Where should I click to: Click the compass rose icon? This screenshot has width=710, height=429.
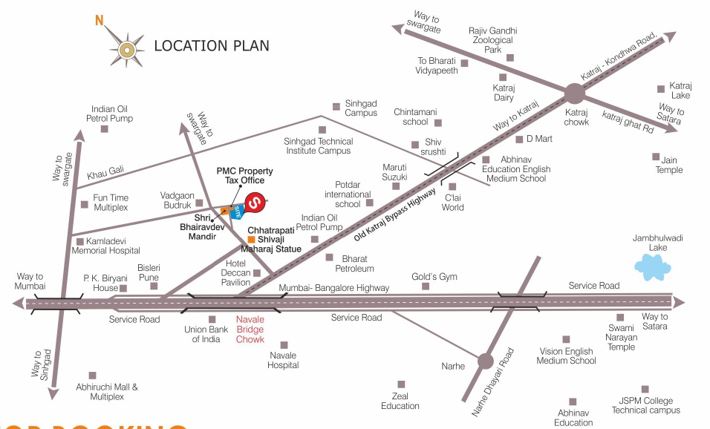(126, 49)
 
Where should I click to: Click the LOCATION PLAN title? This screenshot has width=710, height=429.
(212, 46)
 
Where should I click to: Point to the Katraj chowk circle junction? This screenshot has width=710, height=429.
(575, 94)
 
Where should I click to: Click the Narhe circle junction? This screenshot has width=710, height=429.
(485, 361)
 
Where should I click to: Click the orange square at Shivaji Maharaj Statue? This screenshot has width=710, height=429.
(252, 240)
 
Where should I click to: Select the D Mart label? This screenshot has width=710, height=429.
(539, 138)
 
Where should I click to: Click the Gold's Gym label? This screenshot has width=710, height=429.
(434, 277)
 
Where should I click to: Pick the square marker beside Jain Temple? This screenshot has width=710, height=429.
(655, 157)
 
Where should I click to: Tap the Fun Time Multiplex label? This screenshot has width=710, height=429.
(111, 203)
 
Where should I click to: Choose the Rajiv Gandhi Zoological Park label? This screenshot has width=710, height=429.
(492, 40)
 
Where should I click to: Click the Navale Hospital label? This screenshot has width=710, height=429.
(284, 360)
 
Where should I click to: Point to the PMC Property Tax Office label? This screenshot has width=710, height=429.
(244, 175)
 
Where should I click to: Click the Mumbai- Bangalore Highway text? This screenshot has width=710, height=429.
(334, 288)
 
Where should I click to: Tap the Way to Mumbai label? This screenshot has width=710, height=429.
(30, 281)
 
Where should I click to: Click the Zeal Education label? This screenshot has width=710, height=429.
(400, 401)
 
